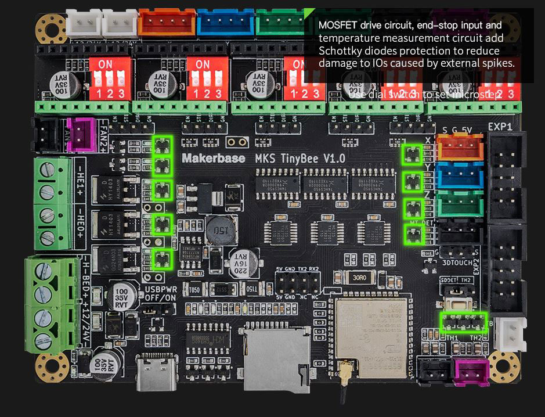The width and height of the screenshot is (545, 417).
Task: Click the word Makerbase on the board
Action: tap(213, 157)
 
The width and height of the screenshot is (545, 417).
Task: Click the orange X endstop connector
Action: tap(460, 147)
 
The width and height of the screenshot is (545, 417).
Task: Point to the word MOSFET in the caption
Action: tap(338, 26)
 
